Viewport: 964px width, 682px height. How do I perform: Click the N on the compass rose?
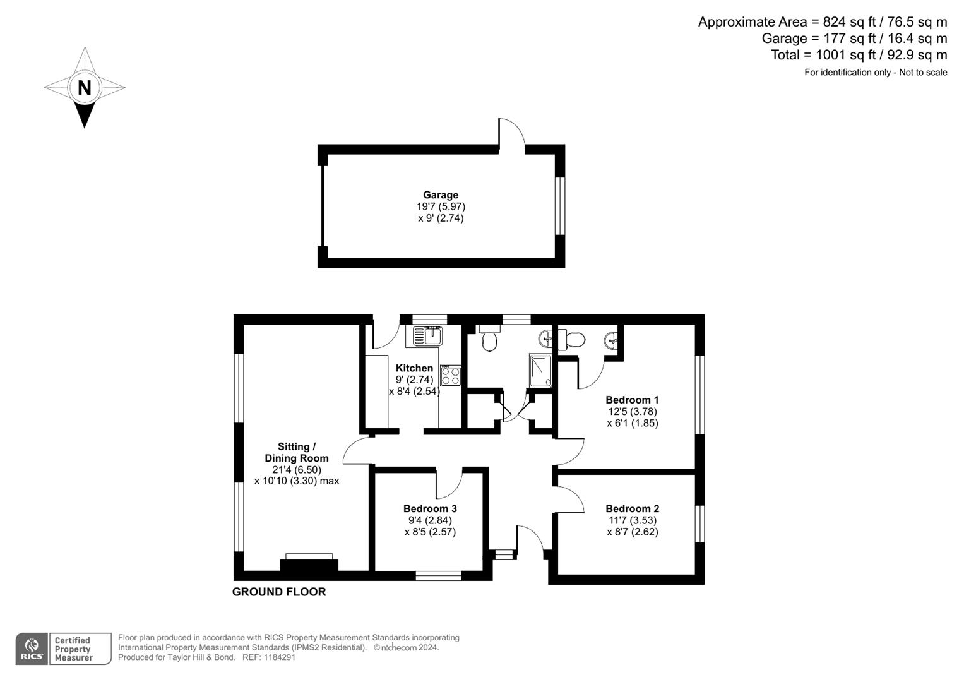click(84, 87)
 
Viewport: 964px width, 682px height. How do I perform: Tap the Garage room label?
click(441, 195)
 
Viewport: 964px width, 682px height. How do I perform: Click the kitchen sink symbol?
click(428, 335)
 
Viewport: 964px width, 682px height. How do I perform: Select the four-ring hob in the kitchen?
click(451, 376)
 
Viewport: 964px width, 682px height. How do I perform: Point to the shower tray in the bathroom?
click(541, 370)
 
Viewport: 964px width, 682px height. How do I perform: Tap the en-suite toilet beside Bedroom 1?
click(573, 340)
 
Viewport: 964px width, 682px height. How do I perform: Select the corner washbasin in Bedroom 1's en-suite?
click(611, 341)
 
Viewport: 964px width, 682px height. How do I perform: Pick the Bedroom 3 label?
click(430, 508)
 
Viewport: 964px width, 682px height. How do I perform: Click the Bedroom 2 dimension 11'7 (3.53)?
click(632, 520)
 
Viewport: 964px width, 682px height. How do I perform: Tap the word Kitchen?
click(414, 368)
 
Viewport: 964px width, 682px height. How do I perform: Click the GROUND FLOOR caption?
click(279, 592)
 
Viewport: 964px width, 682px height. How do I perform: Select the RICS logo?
click(32, 649)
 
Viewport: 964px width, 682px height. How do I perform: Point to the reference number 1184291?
click(278, 657)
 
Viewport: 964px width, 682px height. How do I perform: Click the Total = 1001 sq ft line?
click(859, 55)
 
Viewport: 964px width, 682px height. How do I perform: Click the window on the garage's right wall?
click(559, 206)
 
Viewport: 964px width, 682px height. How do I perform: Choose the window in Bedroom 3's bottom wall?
click(438, 575)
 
